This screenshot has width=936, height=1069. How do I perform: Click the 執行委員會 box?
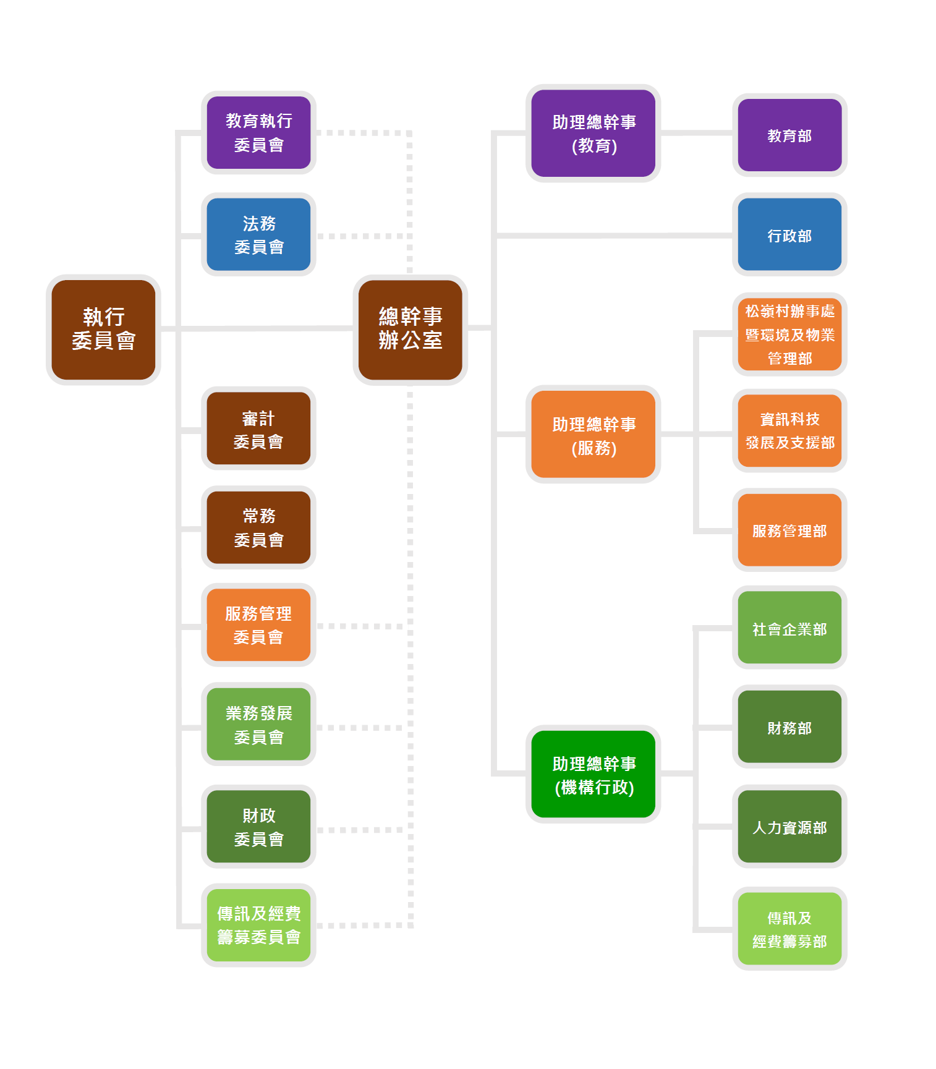(x=103, y=330)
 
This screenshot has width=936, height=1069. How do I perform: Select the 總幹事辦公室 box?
(x=410, y=330)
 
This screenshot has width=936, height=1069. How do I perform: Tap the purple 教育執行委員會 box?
(x=258, y=132)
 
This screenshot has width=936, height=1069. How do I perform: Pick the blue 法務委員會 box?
(x=258, y=234)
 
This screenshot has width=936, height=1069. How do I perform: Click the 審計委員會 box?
(x=258, y=428)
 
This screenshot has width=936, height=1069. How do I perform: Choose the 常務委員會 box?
(x=258, y=527)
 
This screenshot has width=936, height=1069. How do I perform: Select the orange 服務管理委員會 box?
(x=258, y=625)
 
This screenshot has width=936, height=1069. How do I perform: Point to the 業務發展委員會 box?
(x=258, y=724)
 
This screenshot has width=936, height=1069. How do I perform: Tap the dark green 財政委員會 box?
(x=258, y=827)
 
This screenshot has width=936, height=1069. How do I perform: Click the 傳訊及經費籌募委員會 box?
(x=258, y=925)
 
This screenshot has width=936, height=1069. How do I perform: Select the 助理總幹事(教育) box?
(x=594, y=133)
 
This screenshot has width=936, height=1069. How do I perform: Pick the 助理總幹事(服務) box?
(x=594, y=434)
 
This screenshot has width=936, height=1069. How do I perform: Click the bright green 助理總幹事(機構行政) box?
(x=594, y=774)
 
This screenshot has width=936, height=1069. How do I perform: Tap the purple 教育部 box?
(x=789, y=135)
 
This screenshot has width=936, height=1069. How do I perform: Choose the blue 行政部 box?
(x=789, y=234)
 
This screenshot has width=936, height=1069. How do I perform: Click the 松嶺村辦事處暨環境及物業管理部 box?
(x=789, y=334)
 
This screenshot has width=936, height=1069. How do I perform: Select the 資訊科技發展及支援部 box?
(x=789, y=430)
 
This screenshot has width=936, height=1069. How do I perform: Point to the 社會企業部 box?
(x=789, y=628)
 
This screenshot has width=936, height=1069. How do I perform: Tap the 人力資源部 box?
(x=789, y=827)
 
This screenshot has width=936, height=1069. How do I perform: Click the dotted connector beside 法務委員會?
(x=364, y=236)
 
